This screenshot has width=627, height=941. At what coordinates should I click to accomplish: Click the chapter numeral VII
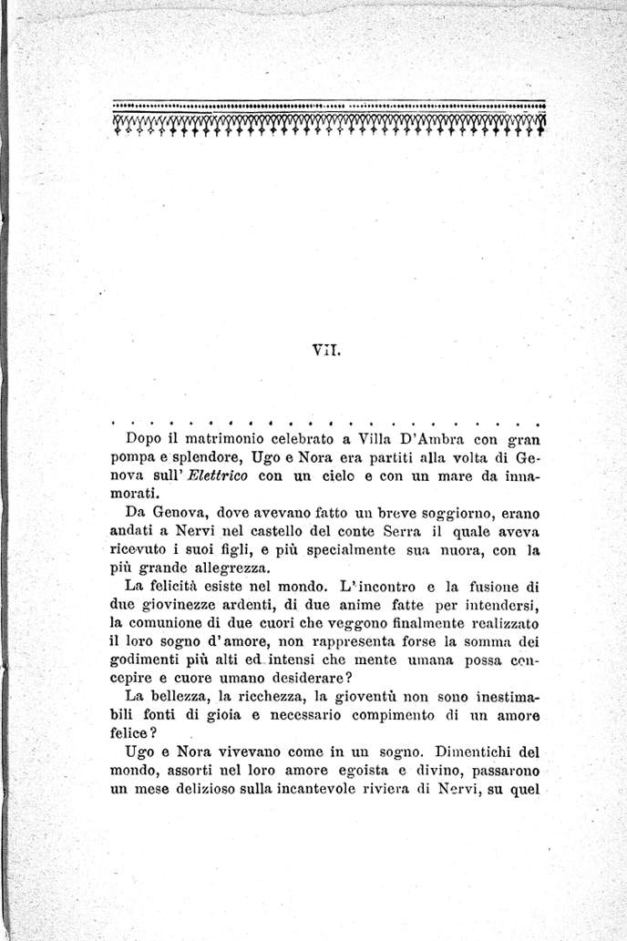coord(325,346)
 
